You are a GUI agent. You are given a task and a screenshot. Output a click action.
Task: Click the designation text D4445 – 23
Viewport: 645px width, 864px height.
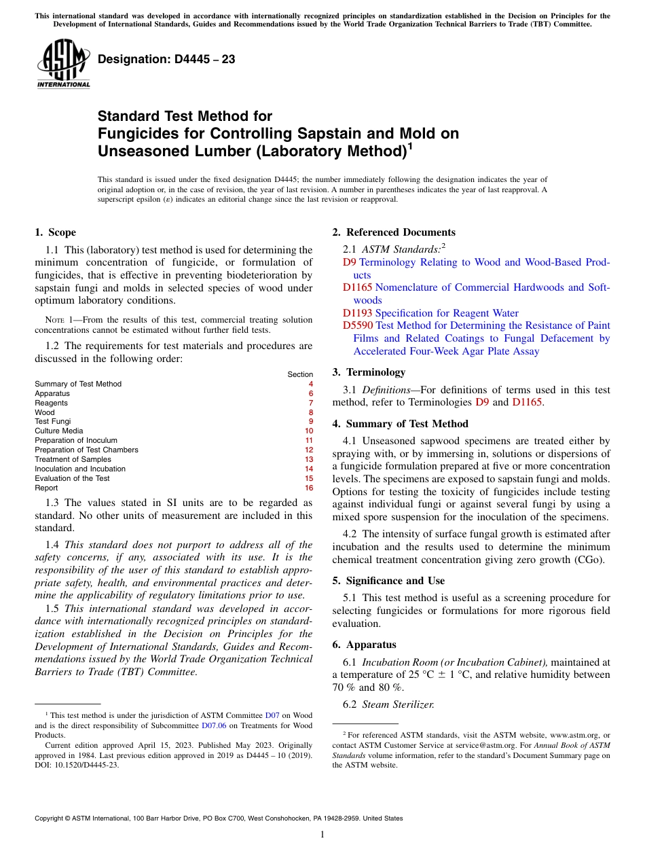(x=166, y=60)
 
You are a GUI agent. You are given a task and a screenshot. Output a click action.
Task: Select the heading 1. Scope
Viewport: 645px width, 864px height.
(x=55, y=232)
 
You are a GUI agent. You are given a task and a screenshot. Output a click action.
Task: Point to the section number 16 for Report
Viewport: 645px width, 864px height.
(x=309, y=488)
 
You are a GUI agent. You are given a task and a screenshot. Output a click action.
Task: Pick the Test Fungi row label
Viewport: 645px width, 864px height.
(x=52, y=421)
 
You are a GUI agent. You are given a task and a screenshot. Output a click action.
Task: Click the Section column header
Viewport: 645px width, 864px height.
(x=300, y=374)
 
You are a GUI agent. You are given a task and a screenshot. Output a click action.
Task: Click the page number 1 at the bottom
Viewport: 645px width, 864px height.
(x=322, y=835)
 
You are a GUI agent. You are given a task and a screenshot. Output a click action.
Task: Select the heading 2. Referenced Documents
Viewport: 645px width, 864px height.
(x=394, y=232)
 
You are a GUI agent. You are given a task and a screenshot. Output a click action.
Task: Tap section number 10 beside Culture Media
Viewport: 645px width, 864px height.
(x=309, y=431)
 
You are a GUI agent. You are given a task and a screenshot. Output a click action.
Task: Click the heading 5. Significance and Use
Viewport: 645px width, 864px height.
(x=388, y=581)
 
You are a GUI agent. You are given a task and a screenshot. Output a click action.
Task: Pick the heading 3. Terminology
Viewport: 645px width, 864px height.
(x=369, y=372)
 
